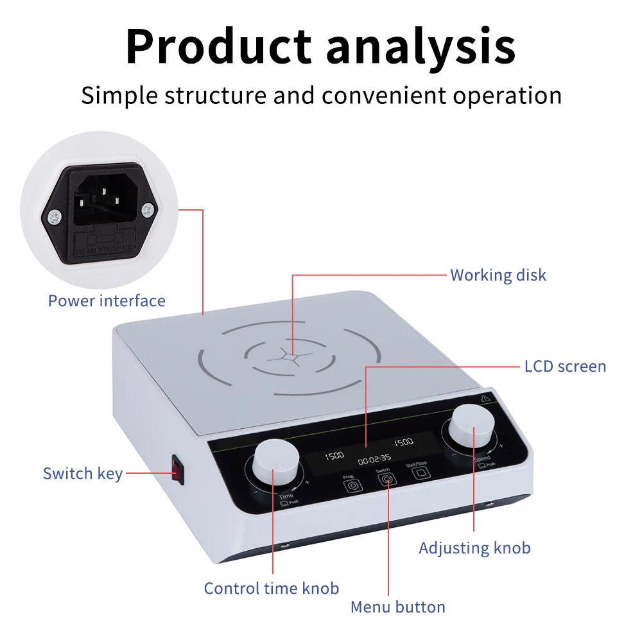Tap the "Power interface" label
107,300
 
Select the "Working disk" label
498,275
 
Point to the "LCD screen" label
565,366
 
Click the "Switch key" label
82,474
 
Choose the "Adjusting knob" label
474,548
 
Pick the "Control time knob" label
271,587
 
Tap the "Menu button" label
397,607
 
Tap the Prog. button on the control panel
351,485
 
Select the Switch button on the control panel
385,480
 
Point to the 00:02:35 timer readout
374,459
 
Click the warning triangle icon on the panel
485,398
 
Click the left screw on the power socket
56,216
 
